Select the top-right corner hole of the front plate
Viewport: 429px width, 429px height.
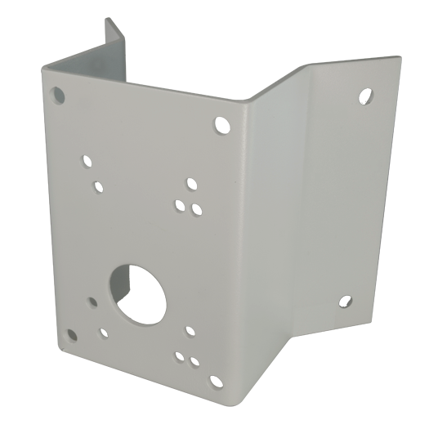pyautogui.click(x=221, y=125)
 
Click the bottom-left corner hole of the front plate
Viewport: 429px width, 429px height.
pyautogui.click(x=72, y=334)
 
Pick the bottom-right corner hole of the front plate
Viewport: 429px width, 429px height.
pyautogui.click(x=216, y=381)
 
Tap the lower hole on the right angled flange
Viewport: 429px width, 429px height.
pyautogui.click(x=346, y=302)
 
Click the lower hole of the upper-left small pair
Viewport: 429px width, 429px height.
pyautogui.click(x=99, y=186)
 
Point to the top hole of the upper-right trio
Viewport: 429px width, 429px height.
pyautogui.click(x=191, y=184)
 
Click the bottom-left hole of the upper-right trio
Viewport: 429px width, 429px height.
pyautogui.click(x=179, y=204)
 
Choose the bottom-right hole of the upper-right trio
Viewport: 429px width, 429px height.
pyautogui.click(x=197, y=210)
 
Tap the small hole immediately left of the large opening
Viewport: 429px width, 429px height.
pyautogui.click(x=92, y=302)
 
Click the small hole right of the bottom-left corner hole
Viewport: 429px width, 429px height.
pyautogui.click(x=104, y=333)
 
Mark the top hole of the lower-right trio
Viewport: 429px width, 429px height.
pyautogui.click(x=190, y=331)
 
